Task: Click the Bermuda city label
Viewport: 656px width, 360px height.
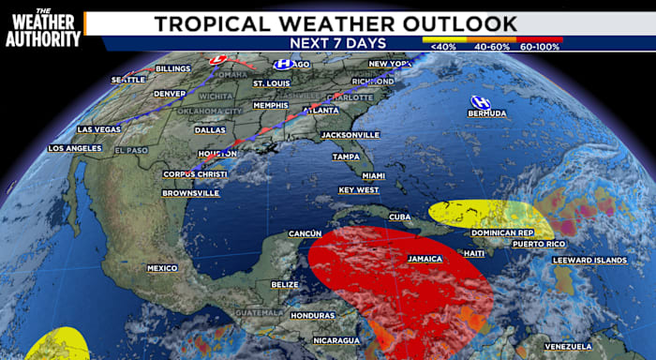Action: click(487, 113)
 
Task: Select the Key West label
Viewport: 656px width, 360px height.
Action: click(358, 190)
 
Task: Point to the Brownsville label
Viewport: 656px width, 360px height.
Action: click(191, 193)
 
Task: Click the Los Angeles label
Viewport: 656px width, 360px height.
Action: click(73, 149)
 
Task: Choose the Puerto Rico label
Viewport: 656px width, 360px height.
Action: click(538, 244)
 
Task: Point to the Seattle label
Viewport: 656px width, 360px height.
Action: click(128, 80)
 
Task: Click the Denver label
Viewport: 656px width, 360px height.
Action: click(170, 94)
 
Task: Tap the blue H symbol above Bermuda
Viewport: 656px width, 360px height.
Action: click(480, 101)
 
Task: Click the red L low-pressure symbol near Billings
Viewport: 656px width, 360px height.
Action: click(217, 59)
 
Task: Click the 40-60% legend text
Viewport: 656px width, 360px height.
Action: click(493, 44)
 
